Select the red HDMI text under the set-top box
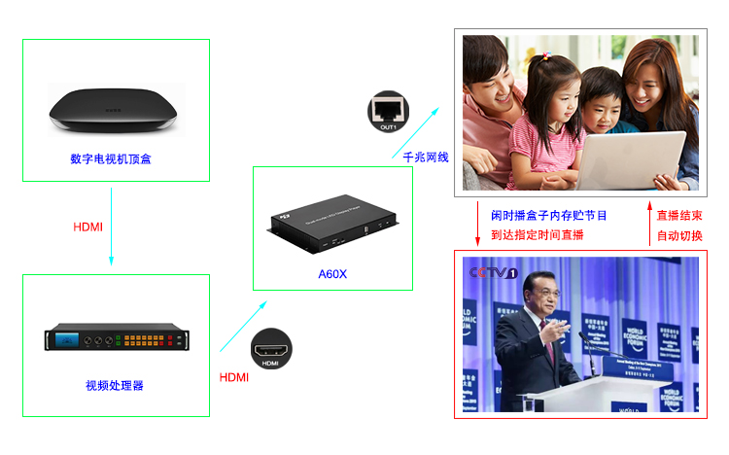coord(88,227)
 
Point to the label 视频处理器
coord(115,385)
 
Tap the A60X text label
coord(332,274)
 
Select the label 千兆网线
coord(426,157)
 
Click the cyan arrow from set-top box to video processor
coord(112,226)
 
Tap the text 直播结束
coord(679,215)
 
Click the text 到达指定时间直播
coord(537,234)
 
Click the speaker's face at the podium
coord(537,293)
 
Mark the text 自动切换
coord(679,235)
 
